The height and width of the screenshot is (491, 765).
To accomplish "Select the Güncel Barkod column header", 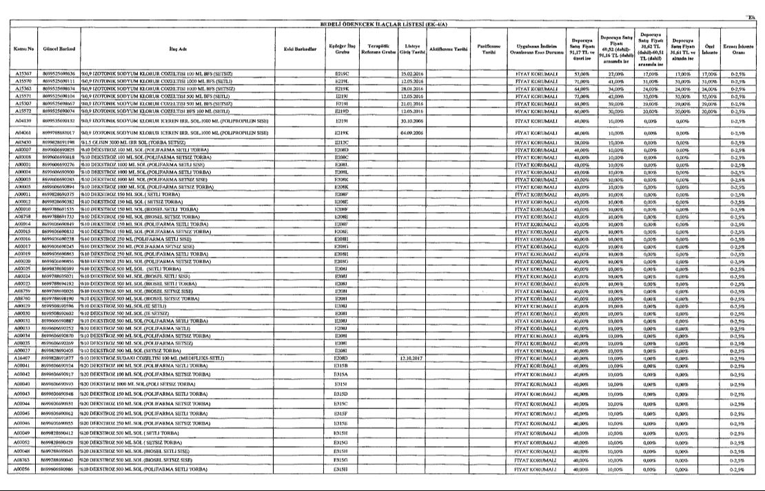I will click(59, 50).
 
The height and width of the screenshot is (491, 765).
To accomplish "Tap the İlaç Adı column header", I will click(177, 50).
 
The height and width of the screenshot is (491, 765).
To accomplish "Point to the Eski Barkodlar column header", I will click(300, 50).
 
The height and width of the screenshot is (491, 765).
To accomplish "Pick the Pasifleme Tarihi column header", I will click(489, 50).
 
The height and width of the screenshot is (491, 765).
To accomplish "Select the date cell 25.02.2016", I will click(412, 73).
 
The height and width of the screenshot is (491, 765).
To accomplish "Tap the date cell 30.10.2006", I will click(412, 121).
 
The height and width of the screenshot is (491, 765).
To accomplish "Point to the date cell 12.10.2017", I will click(412, 358).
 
